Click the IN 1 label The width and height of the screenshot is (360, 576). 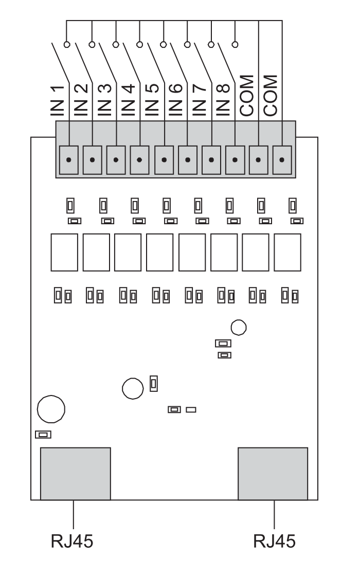(x=57, y=101)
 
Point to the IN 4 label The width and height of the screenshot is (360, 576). (x=128, y=100)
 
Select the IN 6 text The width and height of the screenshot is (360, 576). (x=175, y=100)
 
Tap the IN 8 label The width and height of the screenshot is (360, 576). (x=223, y=100)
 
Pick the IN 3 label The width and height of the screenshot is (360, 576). (x=105, y=100)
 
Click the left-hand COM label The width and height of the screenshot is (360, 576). (x=246, y=96)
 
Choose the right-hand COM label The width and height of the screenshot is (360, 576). (x=271, y=96)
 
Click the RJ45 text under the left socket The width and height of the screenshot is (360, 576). (x=72, y=541)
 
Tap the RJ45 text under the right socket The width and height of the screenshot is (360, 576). (x=275, y=541)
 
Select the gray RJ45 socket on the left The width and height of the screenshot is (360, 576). (x=75, y=474)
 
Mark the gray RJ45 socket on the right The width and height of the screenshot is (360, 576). (x=273, y=474)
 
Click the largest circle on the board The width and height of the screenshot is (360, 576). (x=51, y=409)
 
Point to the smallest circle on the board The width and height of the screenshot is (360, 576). (x=239, y=327)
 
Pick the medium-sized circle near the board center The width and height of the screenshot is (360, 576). (x=133, y=389)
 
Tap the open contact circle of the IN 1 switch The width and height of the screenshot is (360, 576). (x=67, y=44)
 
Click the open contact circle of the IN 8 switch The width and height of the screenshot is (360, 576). (x=235, y=44)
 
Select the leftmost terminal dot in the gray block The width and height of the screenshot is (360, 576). (x=69, y=160)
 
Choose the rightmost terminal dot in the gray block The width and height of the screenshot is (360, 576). (x=282, y=160)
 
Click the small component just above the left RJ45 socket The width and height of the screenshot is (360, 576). (x=43, y=435)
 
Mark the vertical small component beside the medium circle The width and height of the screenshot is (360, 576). (x=154, y=384)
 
